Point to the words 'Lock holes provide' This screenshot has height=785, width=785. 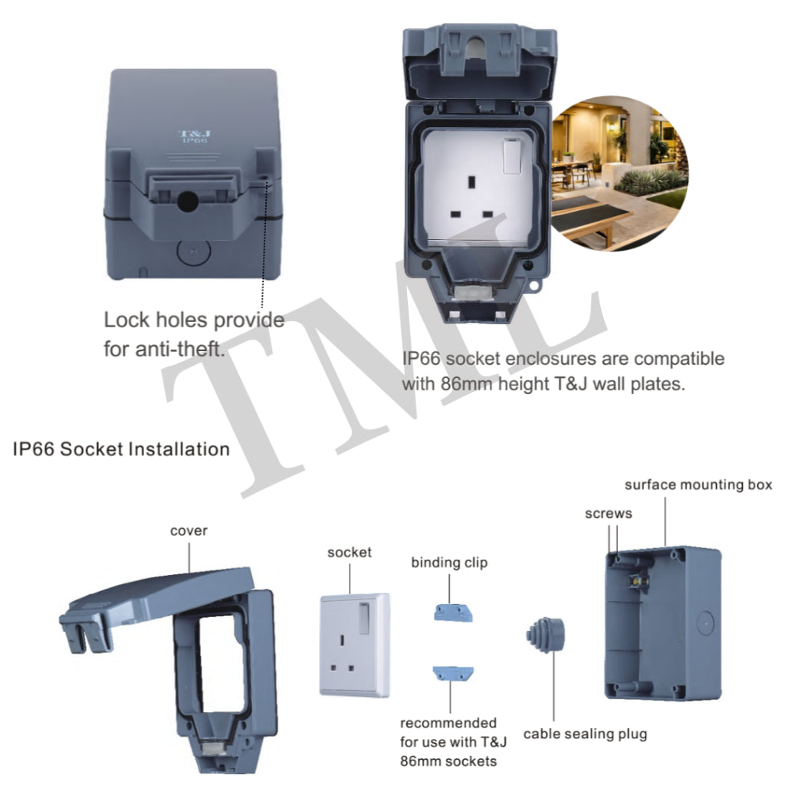coord(194,320)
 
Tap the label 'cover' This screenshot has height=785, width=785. coord(189,530)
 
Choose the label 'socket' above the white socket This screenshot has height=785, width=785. coord(350,552)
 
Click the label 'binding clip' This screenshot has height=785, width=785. coord(449,563)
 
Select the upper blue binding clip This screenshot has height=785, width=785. coord(449,612)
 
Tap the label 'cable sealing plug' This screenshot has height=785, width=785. coord(585,734)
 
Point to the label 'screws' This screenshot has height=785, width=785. coord(608,514)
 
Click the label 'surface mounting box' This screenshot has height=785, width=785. coord(698,484)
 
